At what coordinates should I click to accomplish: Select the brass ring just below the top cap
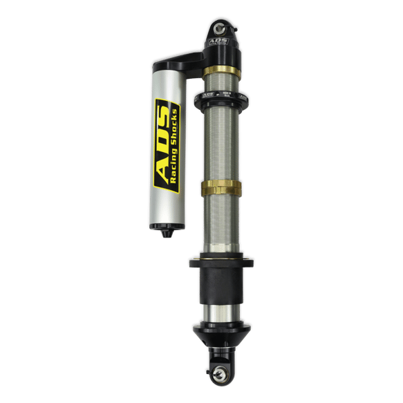tap(222, 72)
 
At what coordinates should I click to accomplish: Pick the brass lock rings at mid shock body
tap(222, 187)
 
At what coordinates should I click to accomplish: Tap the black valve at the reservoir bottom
tap(165, 234)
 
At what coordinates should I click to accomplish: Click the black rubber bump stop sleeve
tap(222, 288)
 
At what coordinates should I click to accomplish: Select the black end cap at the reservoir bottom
tap(165, 226)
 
